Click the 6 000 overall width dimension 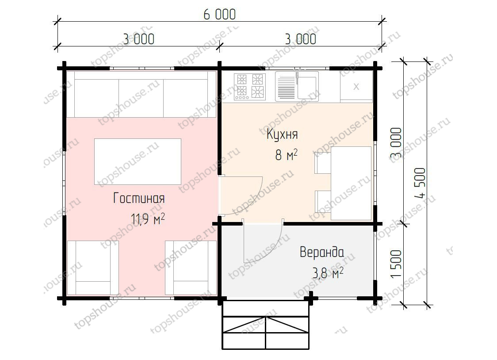coord(219,15)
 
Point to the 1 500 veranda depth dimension coord(396,264)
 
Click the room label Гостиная coord(139,199)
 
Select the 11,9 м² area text coord(148,218)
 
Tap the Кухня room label coord(282,134)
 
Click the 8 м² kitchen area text coord(286,155)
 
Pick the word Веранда coord(322,252)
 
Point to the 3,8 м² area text coord(328,273)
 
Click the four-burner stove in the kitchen coord(250,87)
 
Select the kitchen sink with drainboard coord(297,86)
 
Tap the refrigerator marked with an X coord(356,86)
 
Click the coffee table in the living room coord(138,161)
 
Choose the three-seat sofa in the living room coord(141,94)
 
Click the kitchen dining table coord(351,183)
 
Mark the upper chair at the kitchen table coord(323,163)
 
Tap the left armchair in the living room coord(92,268)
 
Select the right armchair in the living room coord(191,268)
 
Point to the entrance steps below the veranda coord(266,325)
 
